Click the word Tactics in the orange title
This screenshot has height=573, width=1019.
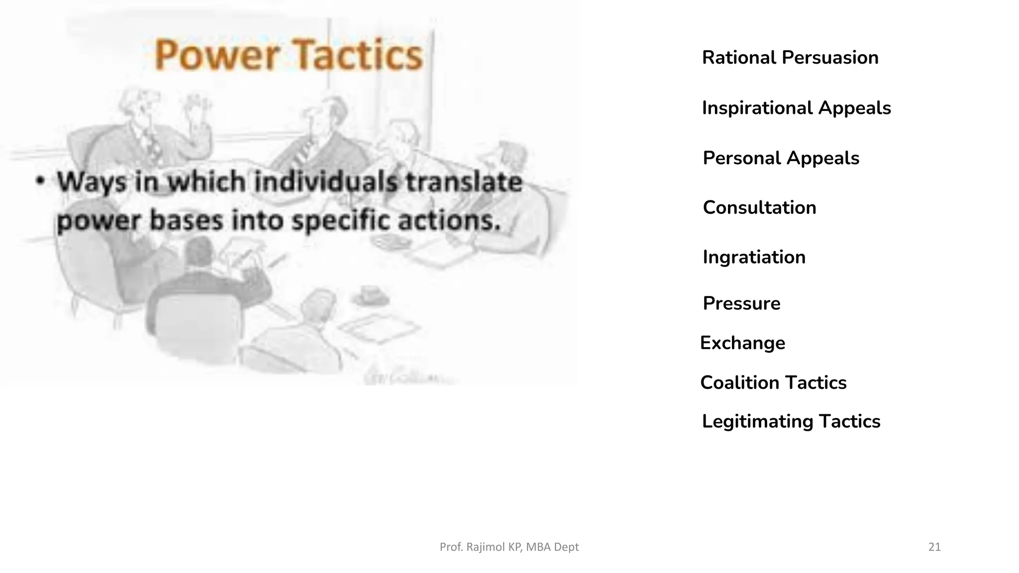[356, 55]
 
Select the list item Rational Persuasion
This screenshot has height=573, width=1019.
[790, 58]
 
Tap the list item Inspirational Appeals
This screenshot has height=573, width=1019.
[796, 108]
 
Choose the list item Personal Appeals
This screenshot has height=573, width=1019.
[781, 158]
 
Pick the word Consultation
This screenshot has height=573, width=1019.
[759, 207]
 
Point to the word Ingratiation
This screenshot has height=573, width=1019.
[754, 257]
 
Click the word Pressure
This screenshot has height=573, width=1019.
[741, 303]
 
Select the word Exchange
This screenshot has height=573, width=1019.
[742, 343]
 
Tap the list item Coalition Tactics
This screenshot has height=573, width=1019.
[773, 382]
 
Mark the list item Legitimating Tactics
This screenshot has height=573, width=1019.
[791, 421]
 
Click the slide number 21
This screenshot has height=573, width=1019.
[934, 547]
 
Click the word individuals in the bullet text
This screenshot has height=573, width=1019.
[326, 182]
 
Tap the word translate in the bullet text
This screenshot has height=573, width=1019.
[464, 182]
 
